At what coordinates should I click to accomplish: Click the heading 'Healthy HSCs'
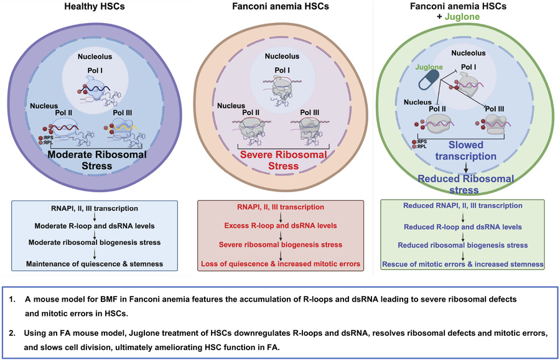click(95, 6)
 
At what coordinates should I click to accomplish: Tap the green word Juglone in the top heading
click(462, 17)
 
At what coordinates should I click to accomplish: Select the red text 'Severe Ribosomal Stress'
click(284, 160)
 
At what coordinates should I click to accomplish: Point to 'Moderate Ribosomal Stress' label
click(97, 160)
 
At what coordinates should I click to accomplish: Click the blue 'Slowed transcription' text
click(465, 150)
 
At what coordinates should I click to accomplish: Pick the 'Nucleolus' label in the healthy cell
click(95, 57)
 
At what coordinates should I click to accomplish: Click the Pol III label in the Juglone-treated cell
click(495, 109)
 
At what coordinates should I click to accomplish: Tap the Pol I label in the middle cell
click(282, 70)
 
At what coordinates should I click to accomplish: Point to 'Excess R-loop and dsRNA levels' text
click(281, 226)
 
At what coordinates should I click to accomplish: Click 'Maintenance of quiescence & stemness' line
click(95, 264)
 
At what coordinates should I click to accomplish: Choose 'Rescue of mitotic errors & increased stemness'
click(463, 264)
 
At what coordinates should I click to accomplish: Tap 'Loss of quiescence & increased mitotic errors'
click(281, 264)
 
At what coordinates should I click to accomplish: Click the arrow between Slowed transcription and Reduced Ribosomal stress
click(465, 168)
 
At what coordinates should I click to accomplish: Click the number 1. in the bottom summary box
click(13, 299)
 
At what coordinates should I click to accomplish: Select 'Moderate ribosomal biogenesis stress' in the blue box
click(95, 242)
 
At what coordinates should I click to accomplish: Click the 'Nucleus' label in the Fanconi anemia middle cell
click(231, 106)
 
